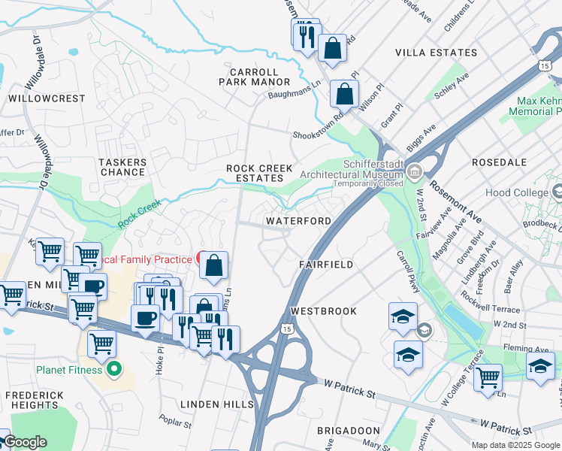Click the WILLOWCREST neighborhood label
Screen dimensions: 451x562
click(x=37, y=98)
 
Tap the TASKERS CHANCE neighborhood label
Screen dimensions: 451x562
click(x=122, y=167)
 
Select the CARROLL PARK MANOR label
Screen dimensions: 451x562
click(x=249, y=77)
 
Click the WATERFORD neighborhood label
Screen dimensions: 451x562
click(x=298, y=221)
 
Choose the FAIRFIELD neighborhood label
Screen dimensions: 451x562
click(x=326, y=265)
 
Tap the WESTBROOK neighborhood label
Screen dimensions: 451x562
click(x=323, y=310)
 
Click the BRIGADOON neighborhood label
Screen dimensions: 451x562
click(x=348, y=430)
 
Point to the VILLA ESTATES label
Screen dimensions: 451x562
click(x=437, y=53)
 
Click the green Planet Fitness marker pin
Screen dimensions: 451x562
click(x=113, y=369)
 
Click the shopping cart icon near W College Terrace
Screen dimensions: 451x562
click(x=488, y=377)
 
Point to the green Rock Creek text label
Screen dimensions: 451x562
click(x=140, y=216)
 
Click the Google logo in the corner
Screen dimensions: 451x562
click(x=25, y=442)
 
